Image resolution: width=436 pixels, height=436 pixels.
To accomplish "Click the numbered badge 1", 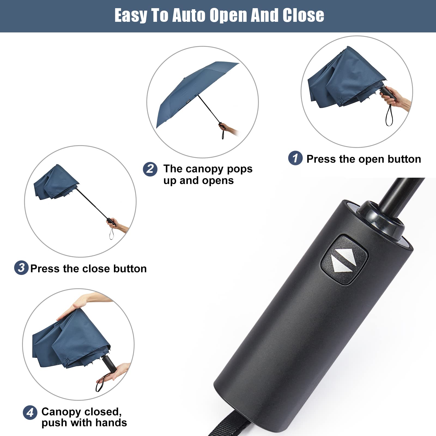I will click(295, 158).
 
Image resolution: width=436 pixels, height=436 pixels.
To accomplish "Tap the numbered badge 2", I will click(150, 169).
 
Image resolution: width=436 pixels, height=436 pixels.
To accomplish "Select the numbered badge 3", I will click(21, 268).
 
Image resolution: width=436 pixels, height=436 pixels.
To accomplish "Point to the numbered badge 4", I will click(30, 413).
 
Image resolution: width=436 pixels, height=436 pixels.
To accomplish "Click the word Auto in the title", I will click(189, 15).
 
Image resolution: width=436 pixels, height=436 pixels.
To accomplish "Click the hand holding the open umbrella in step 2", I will click(225, 128).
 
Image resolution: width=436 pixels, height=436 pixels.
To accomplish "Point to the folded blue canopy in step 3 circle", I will click(55, 183).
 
